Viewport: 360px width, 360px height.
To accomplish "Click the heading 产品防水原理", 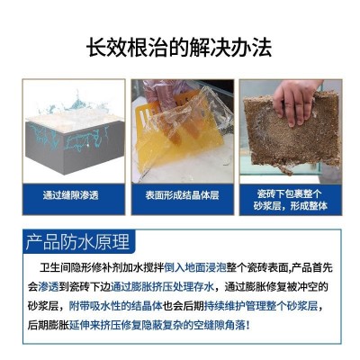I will pyautogui.click(x=76, y=242).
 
